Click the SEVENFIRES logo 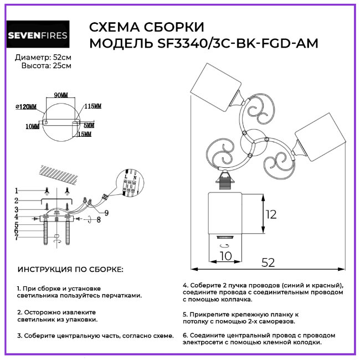(x=38, y=35)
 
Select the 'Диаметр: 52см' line (x=43, y=58)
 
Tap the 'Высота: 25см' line (x=46, y=66)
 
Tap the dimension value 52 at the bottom (x=268, y=263)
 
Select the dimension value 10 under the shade (x=224, y=256)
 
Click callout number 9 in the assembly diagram (x=106, y=213)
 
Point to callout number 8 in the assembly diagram (x=98, y=220)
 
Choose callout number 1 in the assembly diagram (x=17, y=191)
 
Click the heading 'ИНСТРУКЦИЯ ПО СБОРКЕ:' (x=71, y=270)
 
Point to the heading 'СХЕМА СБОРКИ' (x=146, y=28)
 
